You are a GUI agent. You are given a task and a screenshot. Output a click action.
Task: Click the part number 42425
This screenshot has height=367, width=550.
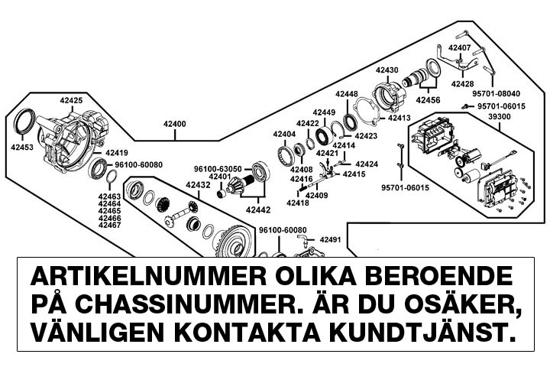click(73, 100)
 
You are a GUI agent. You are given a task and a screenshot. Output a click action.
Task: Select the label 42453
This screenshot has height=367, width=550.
click(21, 148)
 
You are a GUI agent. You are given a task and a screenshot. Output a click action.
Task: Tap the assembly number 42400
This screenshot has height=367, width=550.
click(174, 123)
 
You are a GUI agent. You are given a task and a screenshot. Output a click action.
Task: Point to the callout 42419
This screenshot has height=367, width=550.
click(117, 152)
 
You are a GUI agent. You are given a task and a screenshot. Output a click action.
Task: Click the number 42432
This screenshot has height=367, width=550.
click(198, 185)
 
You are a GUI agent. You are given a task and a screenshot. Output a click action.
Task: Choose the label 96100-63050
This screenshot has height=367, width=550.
click(218, 168)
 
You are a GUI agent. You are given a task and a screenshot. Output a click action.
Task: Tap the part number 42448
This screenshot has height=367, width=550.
click(346, 94)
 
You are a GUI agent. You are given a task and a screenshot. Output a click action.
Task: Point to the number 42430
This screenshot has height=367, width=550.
click(387, 70)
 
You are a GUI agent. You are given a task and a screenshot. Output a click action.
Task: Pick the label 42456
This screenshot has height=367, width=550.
click(428, 99)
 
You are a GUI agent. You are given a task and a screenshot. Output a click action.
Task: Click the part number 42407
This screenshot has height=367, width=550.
click(460, 47)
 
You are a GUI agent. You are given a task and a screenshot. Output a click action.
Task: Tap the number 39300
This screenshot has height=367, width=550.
click(499, 117)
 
